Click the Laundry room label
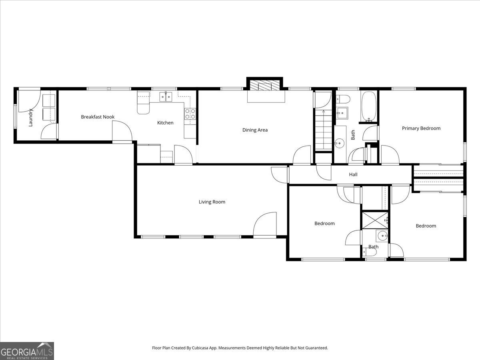pos(30,117)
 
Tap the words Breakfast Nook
pos(98,117)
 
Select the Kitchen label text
pos(165,123)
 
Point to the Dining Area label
pos(255,130)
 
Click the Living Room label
pos(212,202)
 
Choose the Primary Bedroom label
pos(421,128)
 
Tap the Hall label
pos(353,174)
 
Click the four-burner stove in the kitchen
pos(190,114)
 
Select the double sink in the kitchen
pos(166,96)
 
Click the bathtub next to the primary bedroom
pos(369,107)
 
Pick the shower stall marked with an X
pos(375,220)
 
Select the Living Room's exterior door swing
pos(265,225)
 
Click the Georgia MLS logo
pos(27,351)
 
